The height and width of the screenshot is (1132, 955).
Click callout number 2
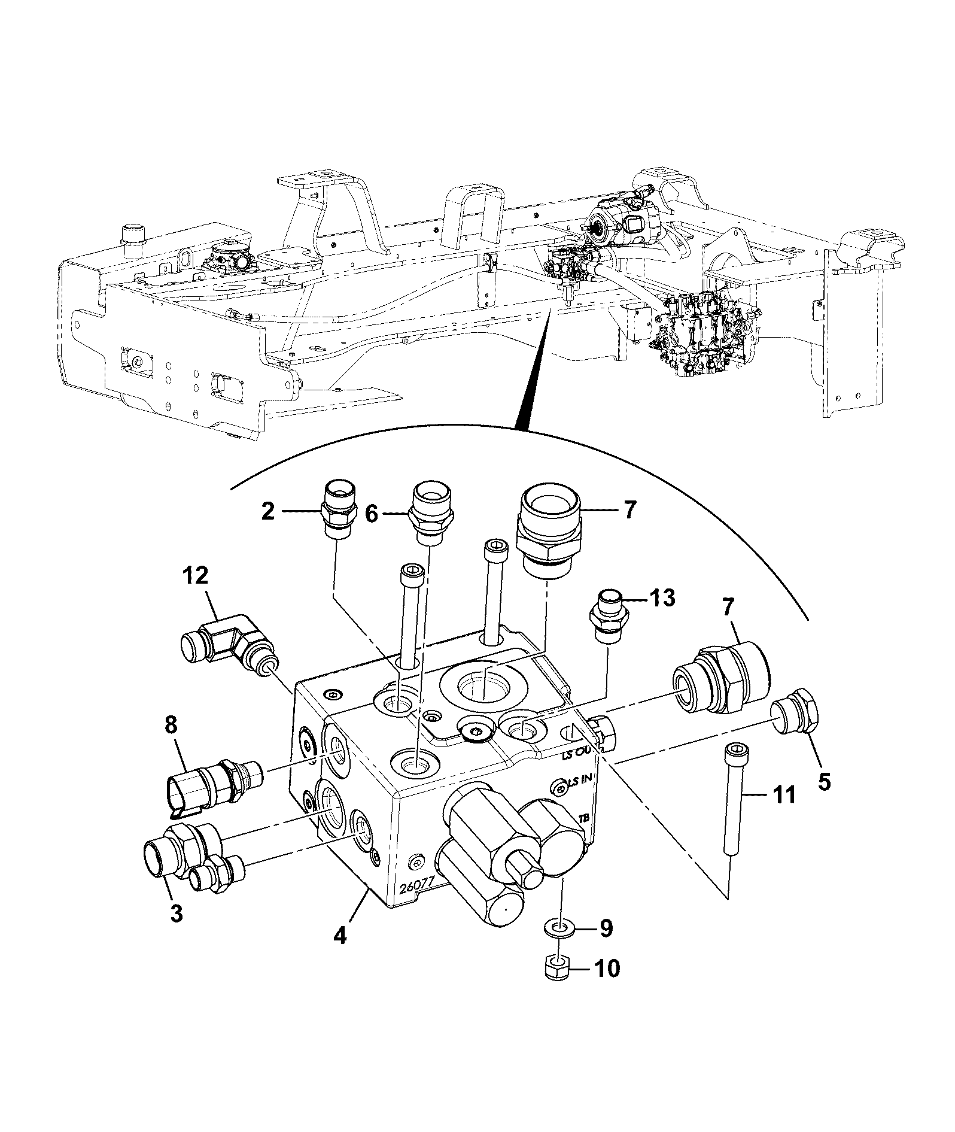(x=268, y=512)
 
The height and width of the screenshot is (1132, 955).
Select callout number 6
(x=372, y=513)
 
